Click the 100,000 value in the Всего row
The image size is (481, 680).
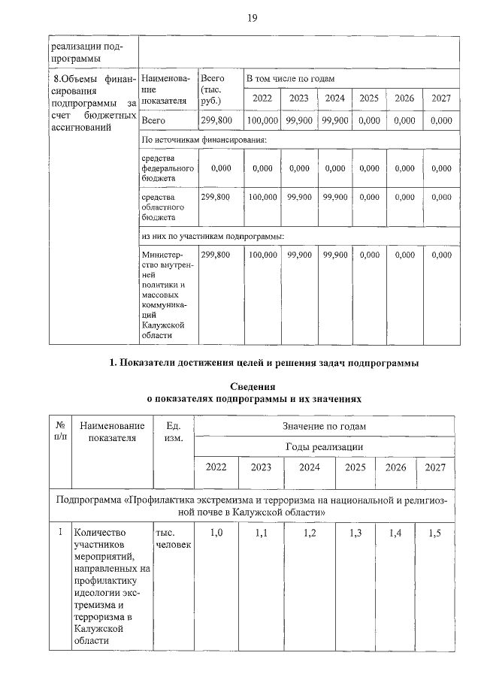point(262,120)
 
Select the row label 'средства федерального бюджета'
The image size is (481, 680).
point(168,168)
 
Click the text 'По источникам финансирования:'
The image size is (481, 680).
point(204,140)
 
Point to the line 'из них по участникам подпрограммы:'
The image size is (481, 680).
point(213,237)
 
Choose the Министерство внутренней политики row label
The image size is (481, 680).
point(168,295)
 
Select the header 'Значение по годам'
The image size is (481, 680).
point(324,426)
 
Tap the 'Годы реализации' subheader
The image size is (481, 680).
point(324,446)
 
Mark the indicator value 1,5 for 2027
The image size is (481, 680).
point(434,533)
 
